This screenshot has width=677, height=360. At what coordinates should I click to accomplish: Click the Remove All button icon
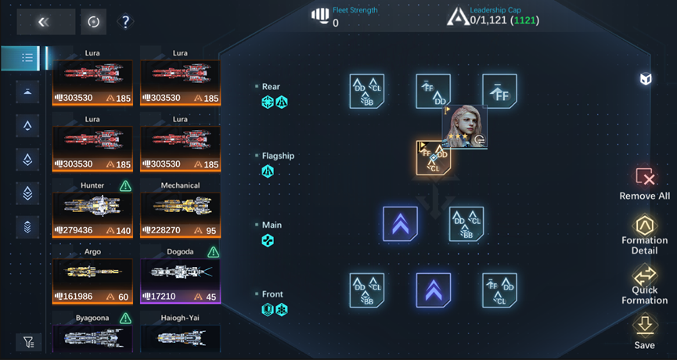click(x=645, y=177)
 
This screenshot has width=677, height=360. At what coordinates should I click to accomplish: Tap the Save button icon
click(x=645, y=324)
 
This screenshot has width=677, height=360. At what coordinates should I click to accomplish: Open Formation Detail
click(x=645, y=226)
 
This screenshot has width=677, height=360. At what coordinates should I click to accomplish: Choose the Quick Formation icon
click(x=645, y=276)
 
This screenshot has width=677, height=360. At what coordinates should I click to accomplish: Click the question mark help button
click(x=125, y=22)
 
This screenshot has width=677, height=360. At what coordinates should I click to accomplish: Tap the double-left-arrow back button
click(x=45, y=22)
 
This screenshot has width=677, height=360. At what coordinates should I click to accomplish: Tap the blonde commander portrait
click(x=464, y=125)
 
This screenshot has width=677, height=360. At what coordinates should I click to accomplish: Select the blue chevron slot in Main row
click(x=400, y=224)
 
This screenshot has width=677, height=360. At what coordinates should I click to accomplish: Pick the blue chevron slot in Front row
click(x=433, y=290)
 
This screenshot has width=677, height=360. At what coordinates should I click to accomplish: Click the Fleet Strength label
click(x=355, y=10)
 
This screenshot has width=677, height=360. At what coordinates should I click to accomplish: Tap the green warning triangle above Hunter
click(x=125, y=186)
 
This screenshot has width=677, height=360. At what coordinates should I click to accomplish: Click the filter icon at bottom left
click(x=28, y=342)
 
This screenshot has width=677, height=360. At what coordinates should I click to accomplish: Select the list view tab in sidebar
click(x=27, y=57)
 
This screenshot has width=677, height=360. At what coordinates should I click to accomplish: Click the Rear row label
click(x=271, y=87)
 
